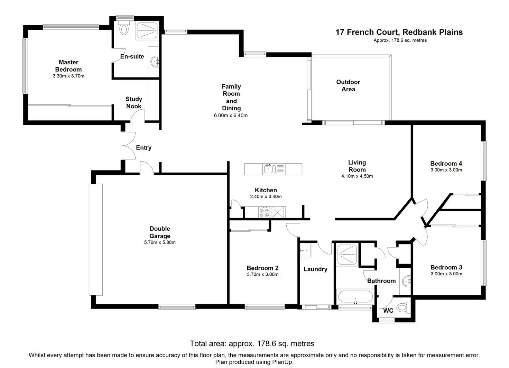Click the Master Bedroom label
pos(68,66)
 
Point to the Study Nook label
pos(133,103)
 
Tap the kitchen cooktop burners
pos(265,212)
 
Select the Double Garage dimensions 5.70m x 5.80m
pos(160,242)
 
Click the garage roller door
pos(96,239)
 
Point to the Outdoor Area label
pos(348,85)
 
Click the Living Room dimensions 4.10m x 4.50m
pos(357,176)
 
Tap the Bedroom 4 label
pos(446,164)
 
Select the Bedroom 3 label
pos(446,267)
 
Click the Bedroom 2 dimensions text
pos(262,275)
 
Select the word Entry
pos(144,148)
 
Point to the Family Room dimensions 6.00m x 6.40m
pos(231,116)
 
